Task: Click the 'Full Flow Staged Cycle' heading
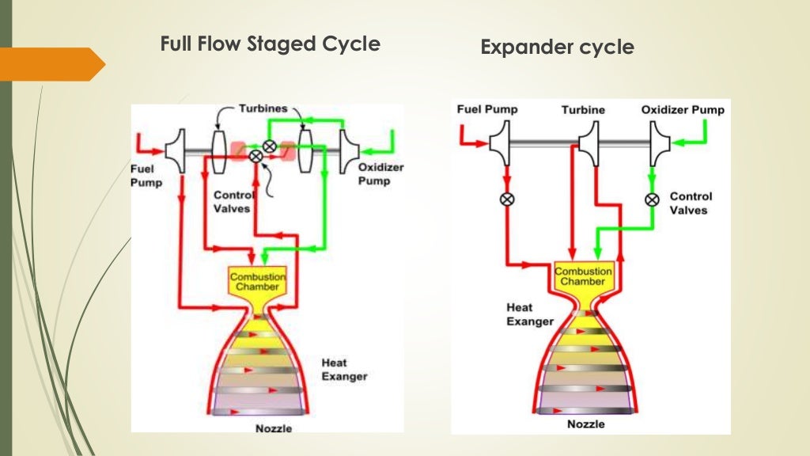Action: (270, 44)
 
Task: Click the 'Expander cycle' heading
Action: (557, 47)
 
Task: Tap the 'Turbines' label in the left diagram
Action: (263, 109)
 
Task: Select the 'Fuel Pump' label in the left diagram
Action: (146, 175)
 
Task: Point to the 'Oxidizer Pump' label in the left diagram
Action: (374, 174)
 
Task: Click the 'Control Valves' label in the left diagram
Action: (234, 202)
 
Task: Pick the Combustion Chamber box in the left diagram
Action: (257, 280)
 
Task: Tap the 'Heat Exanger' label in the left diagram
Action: (344, 370)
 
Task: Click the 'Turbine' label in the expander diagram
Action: (584, 110)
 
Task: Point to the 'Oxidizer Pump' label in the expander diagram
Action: (682, 110)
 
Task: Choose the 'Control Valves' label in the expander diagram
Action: (691, 203)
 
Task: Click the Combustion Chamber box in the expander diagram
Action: (584, 276)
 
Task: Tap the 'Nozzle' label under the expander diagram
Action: (586, 425)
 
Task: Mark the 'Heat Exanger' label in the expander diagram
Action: (530, 314)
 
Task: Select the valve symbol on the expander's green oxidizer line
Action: (652, 199)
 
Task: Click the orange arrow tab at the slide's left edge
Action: (52, 64)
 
